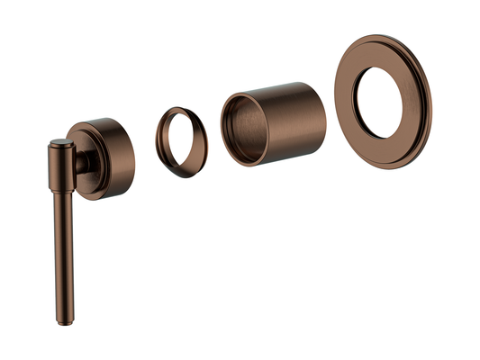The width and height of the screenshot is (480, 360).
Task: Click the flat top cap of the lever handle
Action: (60, 141)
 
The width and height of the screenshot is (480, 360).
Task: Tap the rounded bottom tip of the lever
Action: (62, 321)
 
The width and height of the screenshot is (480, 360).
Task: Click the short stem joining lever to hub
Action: (82, 162)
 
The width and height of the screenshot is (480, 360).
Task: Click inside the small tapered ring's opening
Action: (182, 141)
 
